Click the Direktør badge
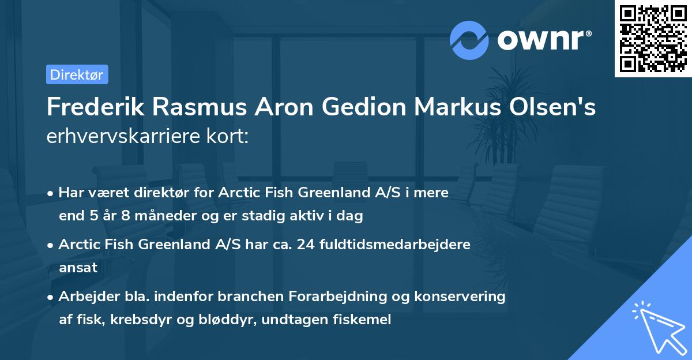click(77, 74)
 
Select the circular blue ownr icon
click(470, 39)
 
